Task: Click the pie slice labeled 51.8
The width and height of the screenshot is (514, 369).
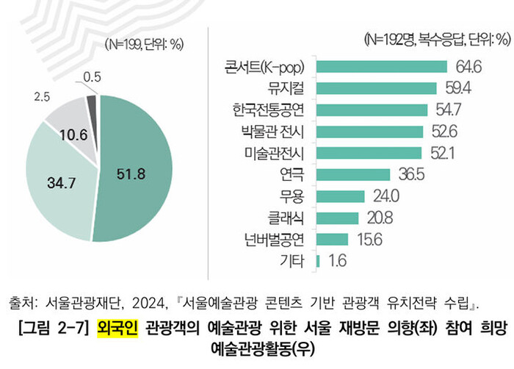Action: tap(136, 173)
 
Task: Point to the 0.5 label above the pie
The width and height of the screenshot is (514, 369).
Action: tap(93, 76)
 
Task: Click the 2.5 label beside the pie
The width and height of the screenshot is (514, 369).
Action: tap(43, 96)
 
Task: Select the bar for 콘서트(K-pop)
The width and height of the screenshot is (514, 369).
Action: tap(381, 67)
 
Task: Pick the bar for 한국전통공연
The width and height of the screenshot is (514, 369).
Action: tap(372, 110)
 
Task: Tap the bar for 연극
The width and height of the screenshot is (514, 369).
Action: tap(352, 174)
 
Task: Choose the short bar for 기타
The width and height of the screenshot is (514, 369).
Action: tap(317, 260)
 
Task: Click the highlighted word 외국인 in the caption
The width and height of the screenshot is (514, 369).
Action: tap(117, 326)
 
